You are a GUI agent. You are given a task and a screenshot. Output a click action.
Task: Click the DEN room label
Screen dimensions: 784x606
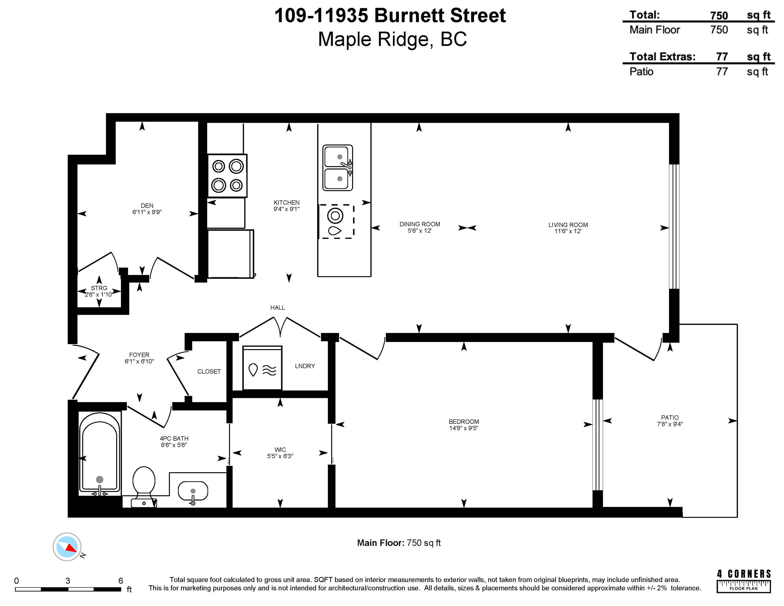pos(147,206)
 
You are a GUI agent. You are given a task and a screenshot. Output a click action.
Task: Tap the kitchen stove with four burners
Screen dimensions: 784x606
pos(227,176)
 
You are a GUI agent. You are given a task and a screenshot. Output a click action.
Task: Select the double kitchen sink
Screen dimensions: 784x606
pos(337,168)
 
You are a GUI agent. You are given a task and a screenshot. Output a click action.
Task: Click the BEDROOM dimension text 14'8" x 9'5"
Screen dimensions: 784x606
pos(463,428)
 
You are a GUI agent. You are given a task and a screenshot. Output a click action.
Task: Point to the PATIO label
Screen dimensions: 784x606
pos(670,417)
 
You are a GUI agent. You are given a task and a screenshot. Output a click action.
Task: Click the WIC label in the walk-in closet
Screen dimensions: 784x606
pos(280,450)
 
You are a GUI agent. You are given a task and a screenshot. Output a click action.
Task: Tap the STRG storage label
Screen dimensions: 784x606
pos(99,288)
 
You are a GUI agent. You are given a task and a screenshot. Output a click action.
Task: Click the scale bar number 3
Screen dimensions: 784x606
pos(68,580)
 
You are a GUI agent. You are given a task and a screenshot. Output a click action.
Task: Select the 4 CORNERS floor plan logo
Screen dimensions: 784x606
pos(743,581)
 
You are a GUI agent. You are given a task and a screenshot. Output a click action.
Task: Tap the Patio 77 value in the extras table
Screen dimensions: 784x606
pos(722,72)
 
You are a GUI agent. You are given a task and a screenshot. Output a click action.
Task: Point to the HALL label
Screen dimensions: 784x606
pos(277,308)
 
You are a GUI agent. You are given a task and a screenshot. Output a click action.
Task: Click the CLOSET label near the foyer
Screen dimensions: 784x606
pos(209,372)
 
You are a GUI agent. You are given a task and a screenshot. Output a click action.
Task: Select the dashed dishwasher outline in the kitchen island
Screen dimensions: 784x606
pos(336,221)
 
